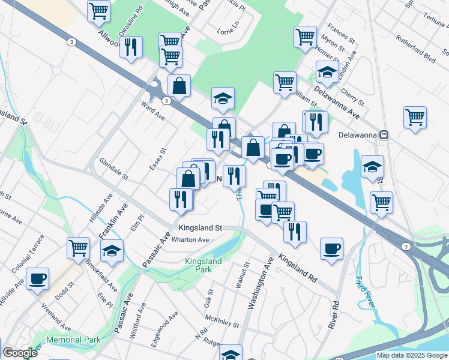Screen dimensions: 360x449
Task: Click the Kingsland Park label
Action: click(203, 265)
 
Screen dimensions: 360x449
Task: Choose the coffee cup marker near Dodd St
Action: click(38, 279)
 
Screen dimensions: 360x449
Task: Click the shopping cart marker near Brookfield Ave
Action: click(79, 247)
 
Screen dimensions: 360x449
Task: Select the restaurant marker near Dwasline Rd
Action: click(131, 47)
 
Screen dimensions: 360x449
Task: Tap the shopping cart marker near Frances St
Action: click(306, 36)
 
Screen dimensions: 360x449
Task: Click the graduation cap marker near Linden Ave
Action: click(327, 72)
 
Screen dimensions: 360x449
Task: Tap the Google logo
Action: click(20, 353)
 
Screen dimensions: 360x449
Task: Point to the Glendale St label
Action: click(114, 169)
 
